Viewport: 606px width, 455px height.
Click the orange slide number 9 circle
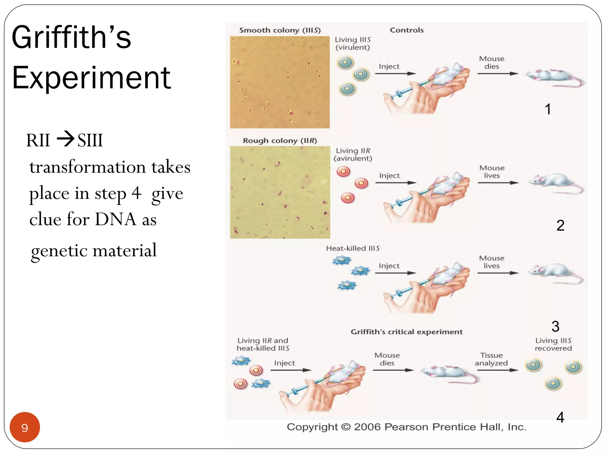click(25, 427)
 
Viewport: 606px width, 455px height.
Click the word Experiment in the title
click(91, 78)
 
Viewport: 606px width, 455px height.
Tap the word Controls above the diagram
click(407, 30)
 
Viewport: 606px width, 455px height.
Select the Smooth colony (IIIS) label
click(280, 30)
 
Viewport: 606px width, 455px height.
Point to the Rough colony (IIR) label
click(280, 140)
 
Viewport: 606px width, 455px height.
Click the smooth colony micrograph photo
click(280, 82)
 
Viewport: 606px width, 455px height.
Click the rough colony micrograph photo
click(280, 192)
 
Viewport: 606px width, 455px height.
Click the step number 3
click(555, 326)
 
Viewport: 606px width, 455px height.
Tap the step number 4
click(560, 417)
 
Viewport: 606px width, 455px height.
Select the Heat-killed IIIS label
click(353, 248)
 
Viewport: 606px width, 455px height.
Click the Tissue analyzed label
click(491, 359)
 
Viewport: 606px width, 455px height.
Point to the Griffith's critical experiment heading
click(407, 332)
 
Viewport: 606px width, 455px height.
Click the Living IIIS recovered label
click(553, 344)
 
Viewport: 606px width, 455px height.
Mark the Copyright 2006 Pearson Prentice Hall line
click(406, 427)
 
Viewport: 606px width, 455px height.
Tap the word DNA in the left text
click(116, 219)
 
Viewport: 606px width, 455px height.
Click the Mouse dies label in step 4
click(387, 359)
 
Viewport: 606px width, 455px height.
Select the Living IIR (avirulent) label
click(353, 154)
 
